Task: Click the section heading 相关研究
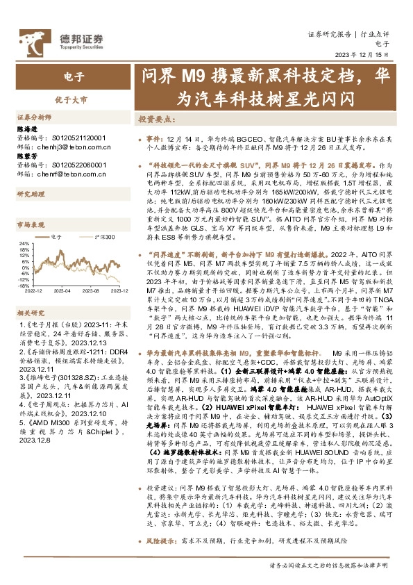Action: [31, 313]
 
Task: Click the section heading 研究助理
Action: [31, 192]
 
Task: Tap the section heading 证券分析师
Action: [33, 117]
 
